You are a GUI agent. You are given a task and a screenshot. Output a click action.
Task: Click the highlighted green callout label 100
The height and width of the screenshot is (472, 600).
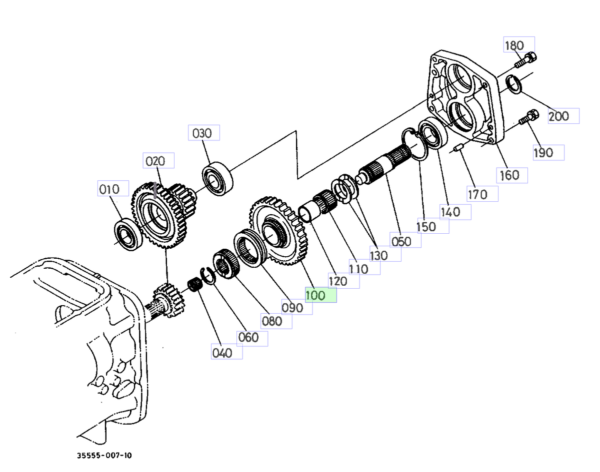(321, 295)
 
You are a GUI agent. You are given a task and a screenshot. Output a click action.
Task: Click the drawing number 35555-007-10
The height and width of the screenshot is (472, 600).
(105, 456)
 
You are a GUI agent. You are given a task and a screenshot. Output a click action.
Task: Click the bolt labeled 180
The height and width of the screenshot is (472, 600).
(525, 61)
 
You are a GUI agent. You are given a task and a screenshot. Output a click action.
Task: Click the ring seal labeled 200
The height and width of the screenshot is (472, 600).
(514, 83)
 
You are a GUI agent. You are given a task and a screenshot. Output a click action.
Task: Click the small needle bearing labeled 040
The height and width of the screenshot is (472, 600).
(194, 285)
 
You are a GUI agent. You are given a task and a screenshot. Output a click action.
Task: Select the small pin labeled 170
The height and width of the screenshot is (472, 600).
(457, 148)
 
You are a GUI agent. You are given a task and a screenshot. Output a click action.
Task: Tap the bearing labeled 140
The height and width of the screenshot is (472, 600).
(431, 134)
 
